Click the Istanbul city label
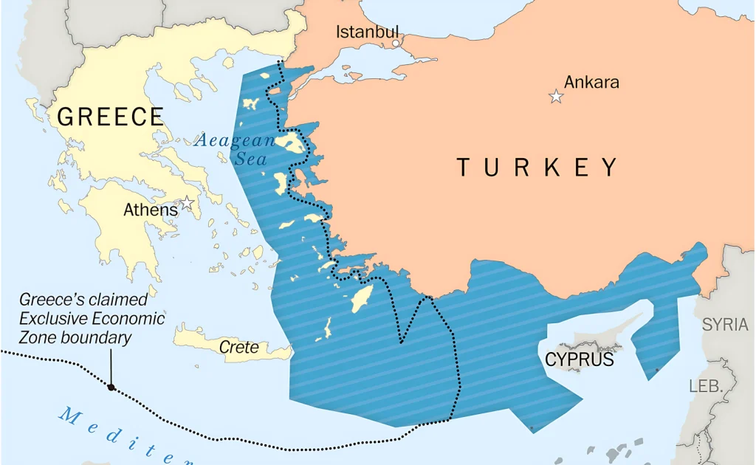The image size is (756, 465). point(367,32)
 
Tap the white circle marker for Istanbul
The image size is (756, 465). point(396,44)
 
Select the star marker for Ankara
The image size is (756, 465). point(556,97)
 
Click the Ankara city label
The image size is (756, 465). point(591,82)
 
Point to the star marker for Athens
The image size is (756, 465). point(188,202)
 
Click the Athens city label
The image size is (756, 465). point(151,210)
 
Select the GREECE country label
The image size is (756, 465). point(111,117)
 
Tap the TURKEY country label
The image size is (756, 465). point(537,168)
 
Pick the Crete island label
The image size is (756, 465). point(239,347)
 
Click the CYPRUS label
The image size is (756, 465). point(580,359)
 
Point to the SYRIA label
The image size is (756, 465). point(724,325)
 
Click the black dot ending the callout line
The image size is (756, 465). point(111,387)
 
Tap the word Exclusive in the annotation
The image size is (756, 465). point(52,319)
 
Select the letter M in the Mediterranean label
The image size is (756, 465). point(69,416)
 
